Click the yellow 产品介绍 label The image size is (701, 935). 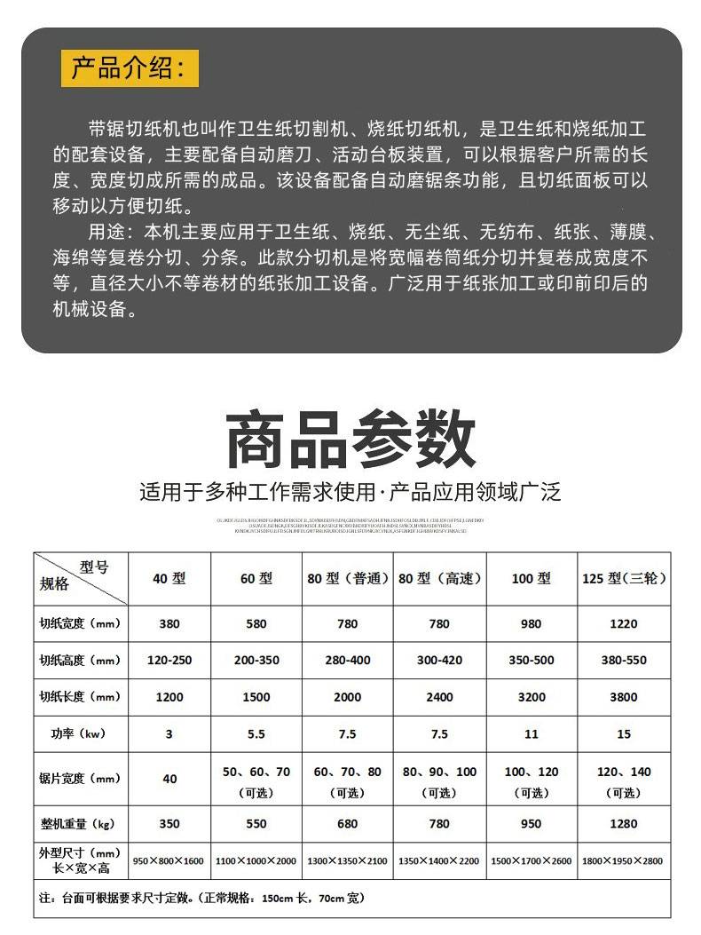[130, 68]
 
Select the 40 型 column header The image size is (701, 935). [169, 578]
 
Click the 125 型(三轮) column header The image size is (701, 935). [623, 578]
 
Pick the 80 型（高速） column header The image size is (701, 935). [439, 578]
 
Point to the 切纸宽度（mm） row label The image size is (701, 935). [80, 623]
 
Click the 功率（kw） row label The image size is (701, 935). [80, 733]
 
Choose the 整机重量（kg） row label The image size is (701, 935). [80, 824]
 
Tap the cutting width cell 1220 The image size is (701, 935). [623, 623]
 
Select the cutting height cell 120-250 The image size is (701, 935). [169, 660]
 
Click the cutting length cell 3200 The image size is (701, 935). [532, 697]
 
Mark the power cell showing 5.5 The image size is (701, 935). [256, 733]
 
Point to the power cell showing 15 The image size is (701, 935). [623, 733]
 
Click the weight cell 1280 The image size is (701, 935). [623, 824]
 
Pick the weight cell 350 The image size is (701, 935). [169, 824]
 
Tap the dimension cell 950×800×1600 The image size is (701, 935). [169, 860]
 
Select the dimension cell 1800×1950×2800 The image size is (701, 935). [623, 860]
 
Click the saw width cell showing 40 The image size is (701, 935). [169, 779]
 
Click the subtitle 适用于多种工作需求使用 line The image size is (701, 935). [350, 492]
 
